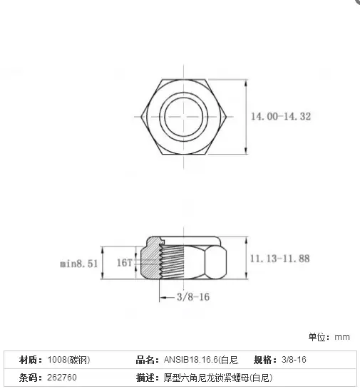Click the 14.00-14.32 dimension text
point(281,116)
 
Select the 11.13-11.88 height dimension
point(280,259)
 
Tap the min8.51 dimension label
point(79,264)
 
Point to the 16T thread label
point(124,262)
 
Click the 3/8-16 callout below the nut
point(193,296)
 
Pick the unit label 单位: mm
point(329,337)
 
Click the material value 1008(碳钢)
point(68,360)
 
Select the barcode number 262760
point(62,378)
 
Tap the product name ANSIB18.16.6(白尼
point(200,360)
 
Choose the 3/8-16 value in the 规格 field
point(294,360)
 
